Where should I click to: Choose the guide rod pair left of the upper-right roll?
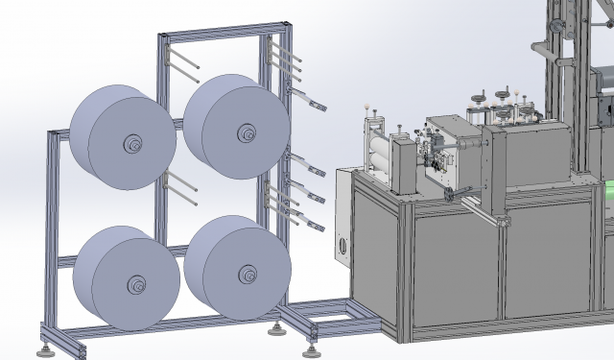click(180, 64)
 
